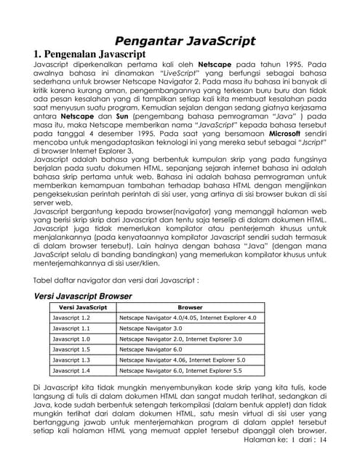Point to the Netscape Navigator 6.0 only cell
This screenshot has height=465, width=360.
pos(153,349)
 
